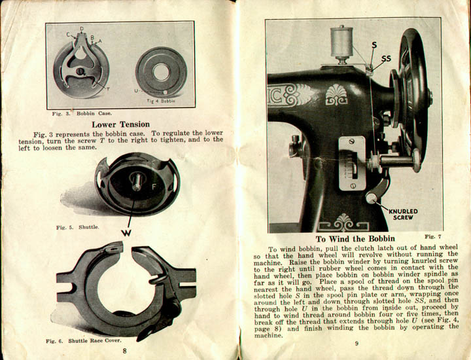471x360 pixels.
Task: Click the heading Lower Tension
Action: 120,124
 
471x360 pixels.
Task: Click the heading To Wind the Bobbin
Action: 357,240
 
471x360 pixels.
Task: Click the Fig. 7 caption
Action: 432,235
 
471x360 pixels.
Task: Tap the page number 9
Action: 357,344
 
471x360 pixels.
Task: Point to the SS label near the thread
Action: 386,58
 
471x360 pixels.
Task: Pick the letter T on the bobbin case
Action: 107,88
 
